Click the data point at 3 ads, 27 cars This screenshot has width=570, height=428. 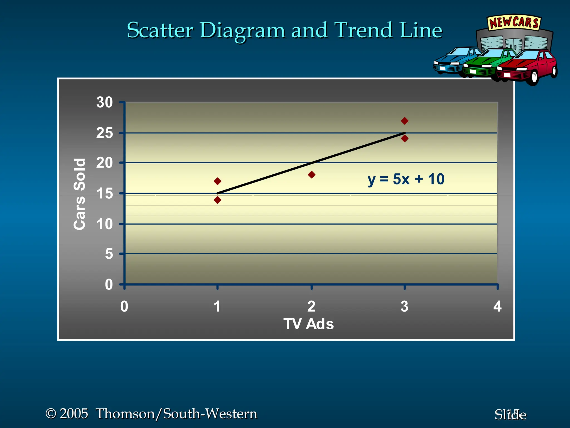click(x=405, y=121)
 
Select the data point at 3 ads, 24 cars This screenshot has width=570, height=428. click(x=405, y=138)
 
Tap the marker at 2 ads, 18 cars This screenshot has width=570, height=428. click(x=312, y=175)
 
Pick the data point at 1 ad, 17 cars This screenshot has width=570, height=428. click(x=218, y=181)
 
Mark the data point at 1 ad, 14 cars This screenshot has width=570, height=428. click(x=218, y=200)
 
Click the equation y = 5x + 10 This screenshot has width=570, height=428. click(x=406, y=179)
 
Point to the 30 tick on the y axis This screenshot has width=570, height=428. click(x=105, y=102)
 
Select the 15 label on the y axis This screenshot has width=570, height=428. click(x=105, y=193)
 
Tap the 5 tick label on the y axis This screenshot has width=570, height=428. click(x=109, y=254)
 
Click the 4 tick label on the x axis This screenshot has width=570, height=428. click(x=497, y=307)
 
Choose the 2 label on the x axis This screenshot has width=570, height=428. click(x=311, y=307)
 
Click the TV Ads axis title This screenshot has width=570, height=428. click(x=308, y=324)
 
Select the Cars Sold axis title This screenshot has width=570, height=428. click(x=79, y=194)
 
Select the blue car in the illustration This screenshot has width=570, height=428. click(x=452, y=60)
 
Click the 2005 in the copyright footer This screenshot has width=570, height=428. click(x=74, y=414)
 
